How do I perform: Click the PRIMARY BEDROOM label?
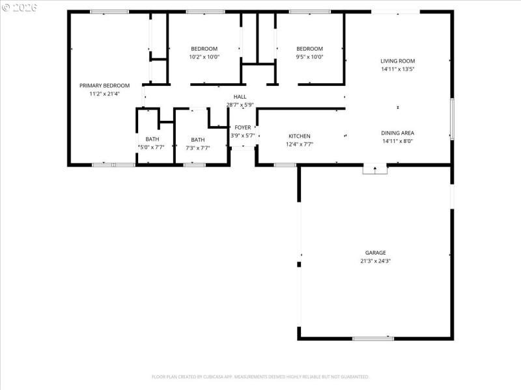104,85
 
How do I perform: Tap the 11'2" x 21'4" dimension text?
104,94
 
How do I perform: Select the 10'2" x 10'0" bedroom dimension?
204,57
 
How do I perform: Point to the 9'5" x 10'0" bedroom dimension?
309,57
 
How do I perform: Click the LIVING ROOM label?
398,61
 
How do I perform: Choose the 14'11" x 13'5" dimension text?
398,69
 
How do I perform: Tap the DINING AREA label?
398,133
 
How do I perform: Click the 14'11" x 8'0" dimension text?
398,140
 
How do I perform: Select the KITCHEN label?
300,136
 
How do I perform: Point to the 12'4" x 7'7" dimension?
300,144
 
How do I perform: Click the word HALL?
240,97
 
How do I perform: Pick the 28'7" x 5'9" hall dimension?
240,105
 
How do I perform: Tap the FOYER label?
243,127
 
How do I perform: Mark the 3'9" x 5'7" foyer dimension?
243,135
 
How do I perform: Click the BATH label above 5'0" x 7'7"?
152,139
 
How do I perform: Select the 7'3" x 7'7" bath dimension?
198,148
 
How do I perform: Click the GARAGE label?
375,253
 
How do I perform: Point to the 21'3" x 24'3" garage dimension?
375,261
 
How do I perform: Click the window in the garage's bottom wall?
373,338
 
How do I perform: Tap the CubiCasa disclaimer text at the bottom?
260,376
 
